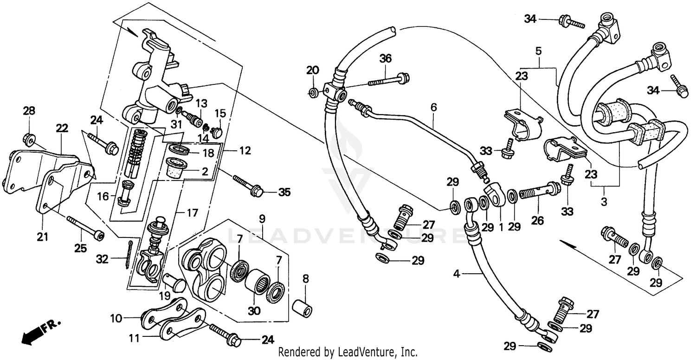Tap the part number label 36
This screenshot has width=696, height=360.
click(386, 58)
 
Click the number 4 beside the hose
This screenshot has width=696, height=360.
click(457, 274)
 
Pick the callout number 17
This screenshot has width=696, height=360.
click(192, 213)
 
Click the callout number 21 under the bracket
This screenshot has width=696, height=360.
click(42, 237)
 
